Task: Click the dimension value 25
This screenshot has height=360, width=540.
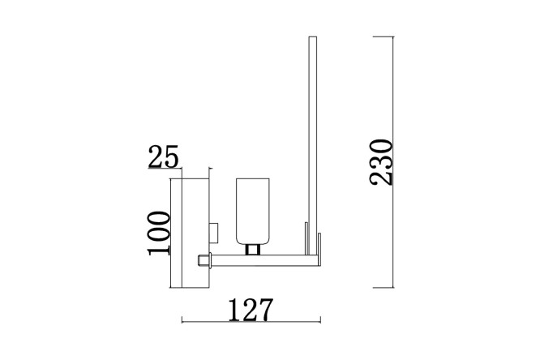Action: (163, 156)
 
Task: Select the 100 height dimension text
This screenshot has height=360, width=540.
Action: (159, 234)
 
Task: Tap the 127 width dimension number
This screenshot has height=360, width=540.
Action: (251, 310)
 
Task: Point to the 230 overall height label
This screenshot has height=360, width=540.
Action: (380, 162)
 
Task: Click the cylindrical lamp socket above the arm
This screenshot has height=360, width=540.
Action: (252, 212)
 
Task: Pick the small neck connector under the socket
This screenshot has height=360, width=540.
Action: (252, 250)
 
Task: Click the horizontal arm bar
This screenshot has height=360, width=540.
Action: (264, 260)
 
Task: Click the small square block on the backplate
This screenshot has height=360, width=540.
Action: (213, 233)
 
